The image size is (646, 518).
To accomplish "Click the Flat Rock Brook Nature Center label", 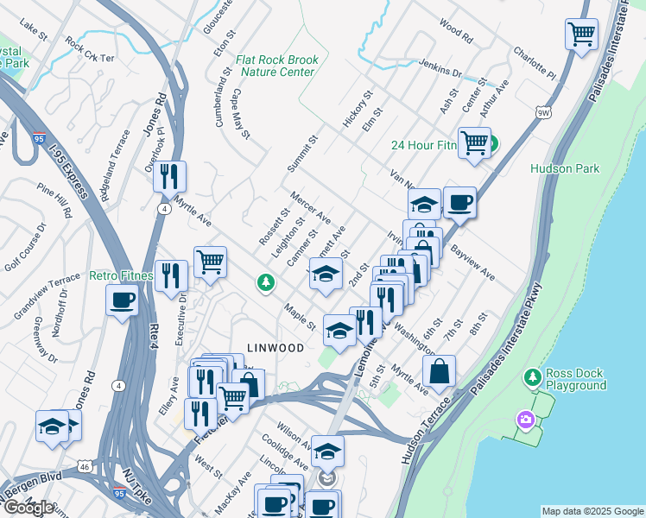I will click(x=276, y=66).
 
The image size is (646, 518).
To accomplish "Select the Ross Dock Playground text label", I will click(x=575, y=380).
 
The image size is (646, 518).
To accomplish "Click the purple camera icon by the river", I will click(x=524, y=420).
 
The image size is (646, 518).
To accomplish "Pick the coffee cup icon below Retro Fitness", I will click(x=122, y=300).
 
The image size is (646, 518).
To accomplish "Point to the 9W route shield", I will click(x=542, y=112).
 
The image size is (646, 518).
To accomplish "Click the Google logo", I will click(x=28, y=508).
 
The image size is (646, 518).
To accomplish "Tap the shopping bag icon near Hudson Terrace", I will click(x=440, y=371).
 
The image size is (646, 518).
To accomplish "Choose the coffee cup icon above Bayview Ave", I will click(x=459, y=202).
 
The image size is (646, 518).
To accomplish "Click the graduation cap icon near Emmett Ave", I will click(x=325, y=275).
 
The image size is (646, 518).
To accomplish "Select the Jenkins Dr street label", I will click(x=440, y=66).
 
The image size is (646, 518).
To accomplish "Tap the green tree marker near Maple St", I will click(x=266, y=282).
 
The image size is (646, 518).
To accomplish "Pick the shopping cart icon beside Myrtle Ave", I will click(x=210, y=262).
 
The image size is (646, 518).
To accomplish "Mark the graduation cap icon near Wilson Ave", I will click(x=327, y=451).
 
